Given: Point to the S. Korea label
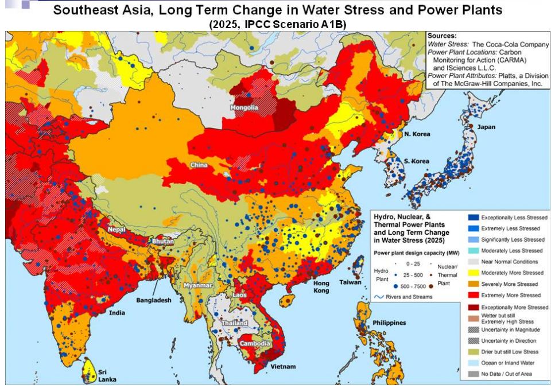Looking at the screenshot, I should (x=416, y=161).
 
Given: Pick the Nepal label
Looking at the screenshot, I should (x=117, y=230).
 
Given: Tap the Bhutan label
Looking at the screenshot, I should (x=162, y=242).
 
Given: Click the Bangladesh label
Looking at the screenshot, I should (x=154, y=300).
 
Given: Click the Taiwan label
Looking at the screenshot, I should (x=350, y=282).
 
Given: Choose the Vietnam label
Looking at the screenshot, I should (x=285, y=366).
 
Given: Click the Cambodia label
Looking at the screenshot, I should (x=255, y=344).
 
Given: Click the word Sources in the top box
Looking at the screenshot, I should (x=442, y=36).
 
